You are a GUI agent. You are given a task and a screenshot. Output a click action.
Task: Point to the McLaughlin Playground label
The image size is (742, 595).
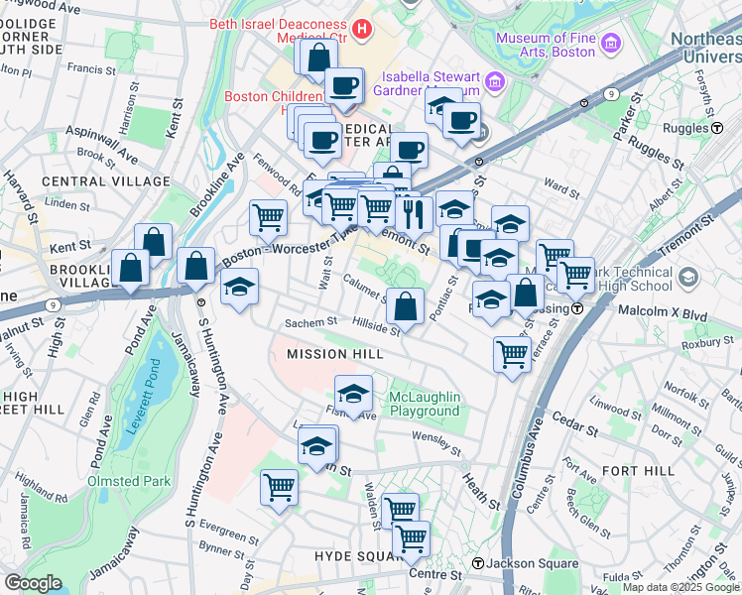pyautogui.click(x=424, y=404)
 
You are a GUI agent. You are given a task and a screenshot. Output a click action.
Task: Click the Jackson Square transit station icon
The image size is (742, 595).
pyautogui.click(x=478, y=564)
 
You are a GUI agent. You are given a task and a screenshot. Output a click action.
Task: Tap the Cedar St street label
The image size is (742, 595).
pyautogui.click(x=575, y=432)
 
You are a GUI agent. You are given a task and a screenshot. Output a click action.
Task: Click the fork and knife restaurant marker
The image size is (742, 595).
pyautogui.click(x=413, y=212)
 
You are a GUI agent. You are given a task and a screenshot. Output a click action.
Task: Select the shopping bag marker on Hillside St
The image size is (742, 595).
pyautogui.click(x=405, y=306)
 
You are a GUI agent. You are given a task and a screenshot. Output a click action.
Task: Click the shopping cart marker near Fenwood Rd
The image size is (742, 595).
pyautogui.click(x=268, y=217)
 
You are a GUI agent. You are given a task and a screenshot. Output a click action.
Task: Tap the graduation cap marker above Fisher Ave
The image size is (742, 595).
pyautogui.click(x=353, y=394)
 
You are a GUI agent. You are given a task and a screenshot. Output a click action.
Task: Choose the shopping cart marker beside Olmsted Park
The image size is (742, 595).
pyautogui.click(x=279, y=487)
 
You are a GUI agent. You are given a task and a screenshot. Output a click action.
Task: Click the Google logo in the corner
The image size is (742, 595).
pyautogui.click(x=33, y=583)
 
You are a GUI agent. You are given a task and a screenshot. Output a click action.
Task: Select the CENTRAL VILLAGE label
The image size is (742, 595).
pyautogui.click(x=106, y=181)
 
